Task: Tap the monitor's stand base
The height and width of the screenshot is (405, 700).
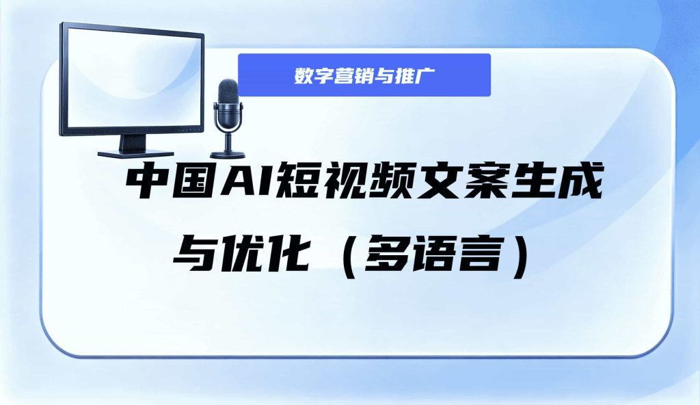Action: (136, 154)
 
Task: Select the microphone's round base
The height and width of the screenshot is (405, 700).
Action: (228, 155)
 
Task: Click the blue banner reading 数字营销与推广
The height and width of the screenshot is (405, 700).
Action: (364, 75)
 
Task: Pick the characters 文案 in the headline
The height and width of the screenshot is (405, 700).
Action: (463, 182)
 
